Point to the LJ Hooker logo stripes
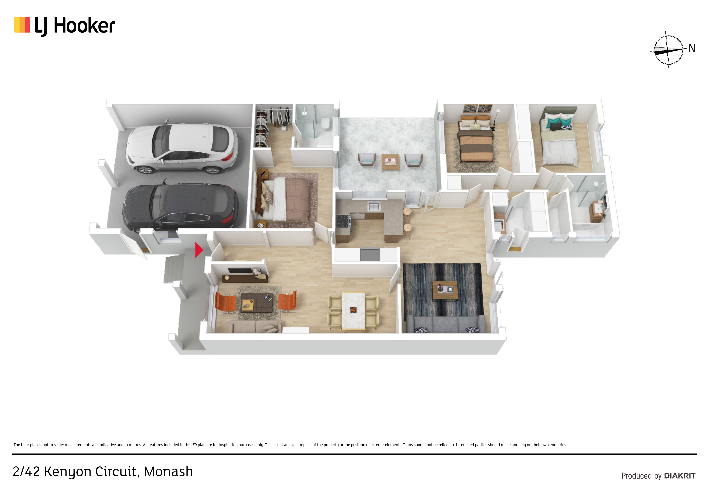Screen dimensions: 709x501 [22, 25]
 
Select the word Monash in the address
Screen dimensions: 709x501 [168, 472]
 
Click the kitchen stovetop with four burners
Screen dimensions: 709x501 [343, 221]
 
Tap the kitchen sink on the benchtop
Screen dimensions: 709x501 [374, 205]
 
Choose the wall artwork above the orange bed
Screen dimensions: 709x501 [478, 108]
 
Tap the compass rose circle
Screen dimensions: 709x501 [669, 50]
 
